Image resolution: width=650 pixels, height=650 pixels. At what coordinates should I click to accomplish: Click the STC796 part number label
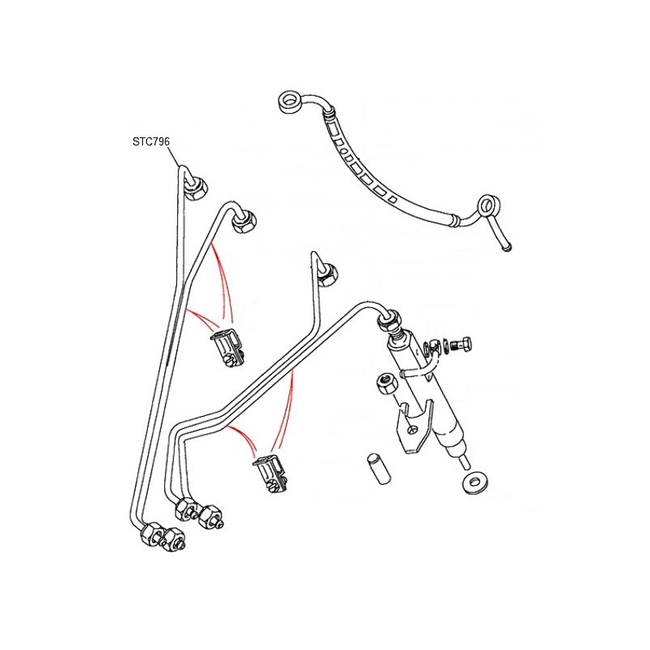pos(151,141)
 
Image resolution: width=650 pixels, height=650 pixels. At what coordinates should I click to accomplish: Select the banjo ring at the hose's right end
pos(488,206)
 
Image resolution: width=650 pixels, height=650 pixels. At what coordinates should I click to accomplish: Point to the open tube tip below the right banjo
pos(506,248)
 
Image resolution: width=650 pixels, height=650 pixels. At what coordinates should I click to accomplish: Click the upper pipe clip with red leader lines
pos(227,347)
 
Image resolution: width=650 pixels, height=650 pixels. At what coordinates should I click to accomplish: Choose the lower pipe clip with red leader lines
pos(271,473)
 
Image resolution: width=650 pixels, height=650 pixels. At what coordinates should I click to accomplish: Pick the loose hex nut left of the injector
pos(387,384)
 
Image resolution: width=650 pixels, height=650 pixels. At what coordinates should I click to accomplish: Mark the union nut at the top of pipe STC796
pos(195,189)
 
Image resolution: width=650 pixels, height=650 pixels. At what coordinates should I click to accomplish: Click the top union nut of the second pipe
pos(245,222)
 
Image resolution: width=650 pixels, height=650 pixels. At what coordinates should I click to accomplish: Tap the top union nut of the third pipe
pos(330,275)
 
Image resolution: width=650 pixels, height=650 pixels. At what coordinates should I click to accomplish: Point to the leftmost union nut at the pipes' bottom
pos(150,534)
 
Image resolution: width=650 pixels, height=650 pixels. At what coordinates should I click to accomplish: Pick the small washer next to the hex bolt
pos(444,344)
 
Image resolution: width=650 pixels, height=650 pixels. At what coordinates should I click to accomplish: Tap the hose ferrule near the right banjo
pos(455,219)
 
